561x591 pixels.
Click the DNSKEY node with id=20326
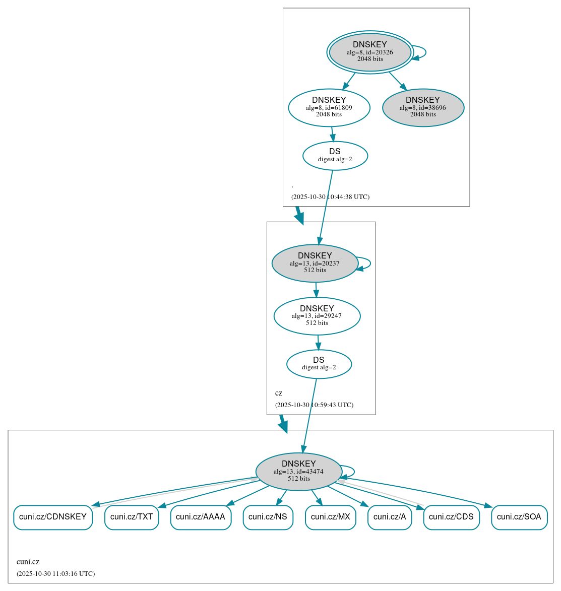click(370, 52)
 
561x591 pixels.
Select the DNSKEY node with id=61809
click(329, 107)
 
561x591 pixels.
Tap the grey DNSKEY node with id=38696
click(423, 107)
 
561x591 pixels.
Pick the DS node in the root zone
click(335, 156)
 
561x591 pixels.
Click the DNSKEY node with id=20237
click(315, 263)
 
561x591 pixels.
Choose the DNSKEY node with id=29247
click(317, 316)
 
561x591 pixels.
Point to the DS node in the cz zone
click(319, 364)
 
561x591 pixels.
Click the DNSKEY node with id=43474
click(299, 471)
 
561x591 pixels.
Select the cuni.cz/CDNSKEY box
click(53, 517)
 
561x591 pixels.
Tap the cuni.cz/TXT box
click(132, 517)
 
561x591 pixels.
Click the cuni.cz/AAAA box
click(201, 517)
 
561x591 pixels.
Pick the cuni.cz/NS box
click(268, 517)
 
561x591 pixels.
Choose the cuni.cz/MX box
click(331, 517)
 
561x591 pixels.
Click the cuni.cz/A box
click(390, 517)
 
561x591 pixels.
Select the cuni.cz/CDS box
click(451, 517)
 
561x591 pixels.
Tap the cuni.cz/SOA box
click(519, 517)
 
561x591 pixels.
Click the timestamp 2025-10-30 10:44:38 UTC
click(330, 197)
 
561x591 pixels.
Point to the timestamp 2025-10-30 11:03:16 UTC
click(55, 574)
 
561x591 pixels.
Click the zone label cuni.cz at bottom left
click(28, 562)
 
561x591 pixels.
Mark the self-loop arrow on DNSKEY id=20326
click(425, 52)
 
